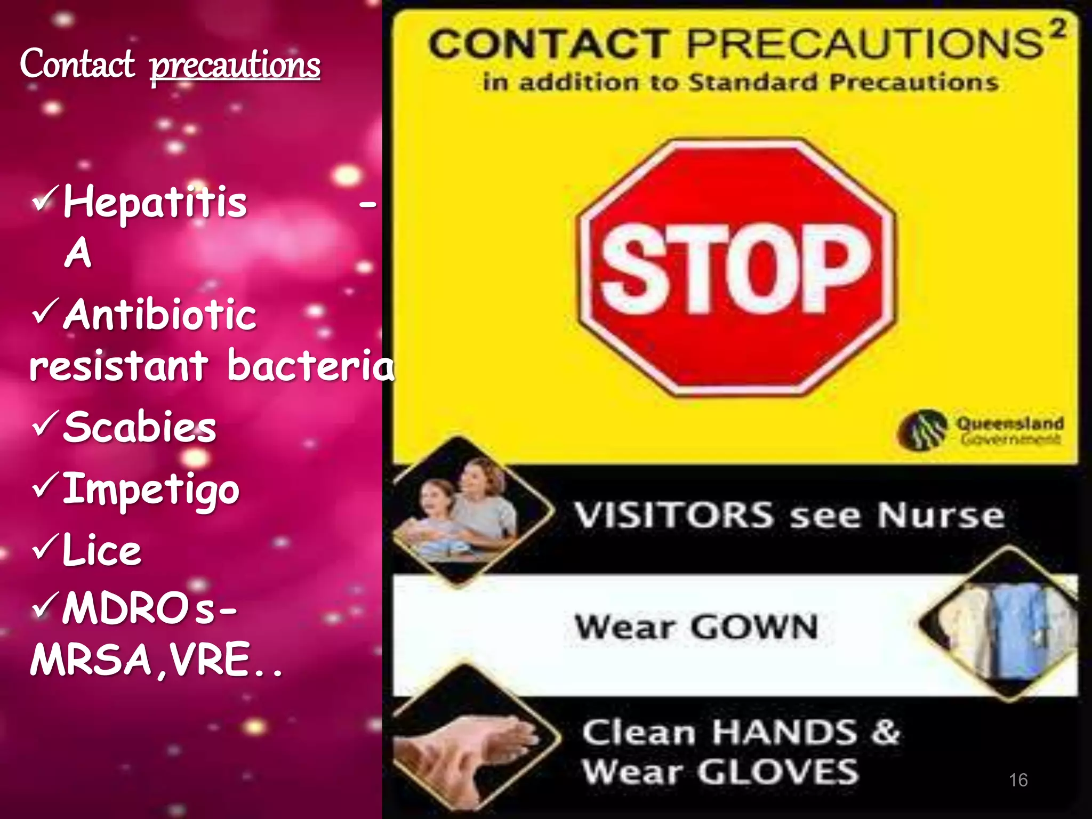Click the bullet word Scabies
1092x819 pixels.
click(x=140, y=427)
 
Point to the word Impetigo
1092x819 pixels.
click(x=151, y=489)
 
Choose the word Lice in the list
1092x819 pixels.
click(x=101, y=550)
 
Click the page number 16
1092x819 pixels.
click(x=1018, y=780)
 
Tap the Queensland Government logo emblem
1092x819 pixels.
click(x=922, y=430)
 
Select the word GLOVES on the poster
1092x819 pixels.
click(x=778, y=772)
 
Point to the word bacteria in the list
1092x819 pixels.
click(x=310, y=366)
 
